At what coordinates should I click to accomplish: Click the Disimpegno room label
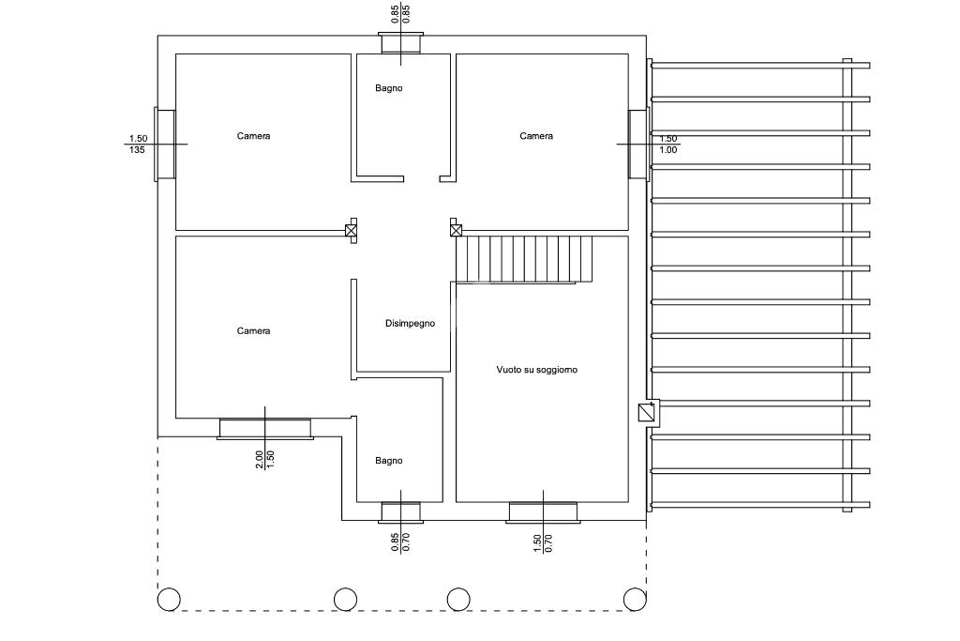pos(410,324)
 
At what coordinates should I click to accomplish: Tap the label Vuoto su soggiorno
pos(536,370)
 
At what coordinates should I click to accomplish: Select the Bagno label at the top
pos(389,88)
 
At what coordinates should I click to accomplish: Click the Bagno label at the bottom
pos(389,461)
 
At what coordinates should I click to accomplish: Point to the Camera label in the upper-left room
pos(253,136)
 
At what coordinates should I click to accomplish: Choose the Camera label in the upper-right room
pos(536,136)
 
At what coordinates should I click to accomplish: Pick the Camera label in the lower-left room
pos(253,331)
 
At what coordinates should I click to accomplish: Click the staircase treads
pos(524,259)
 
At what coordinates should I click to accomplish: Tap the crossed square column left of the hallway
pos(351,231)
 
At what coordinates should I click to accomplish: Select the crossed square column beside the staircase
pos(456,231)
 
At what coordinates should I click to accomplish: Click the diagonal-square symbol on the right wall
pos(646,412)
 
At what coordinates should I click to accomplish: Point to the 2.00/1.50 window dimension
pos(265,459)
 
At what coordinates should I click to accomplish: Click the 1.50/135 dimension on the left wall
pos(138,145)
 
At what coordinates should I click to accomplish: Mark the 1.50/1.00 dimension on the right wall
pos(667,145)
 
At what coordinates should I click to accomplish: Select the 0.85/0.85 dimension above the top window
pos(400,14)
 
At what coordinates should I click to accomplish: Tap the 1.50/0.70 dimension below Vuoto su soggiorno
pos(543,543)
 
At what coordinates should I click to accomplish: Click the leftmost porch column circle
pos(169,600)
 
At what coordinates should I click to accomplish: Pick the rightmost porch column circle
pos(635,600)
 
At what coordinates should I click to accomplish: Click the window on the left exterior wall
pos(164,145)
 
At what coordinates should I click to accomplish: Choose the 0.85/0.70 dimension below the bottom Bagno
pos(400,542)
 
